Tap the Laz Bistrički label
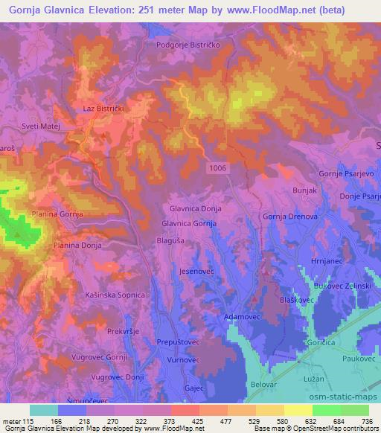pos(103,109)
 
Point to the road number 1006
pos(239,168)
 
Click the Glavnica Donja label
pos(196,210)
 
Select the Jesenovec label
pos(196,272)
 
